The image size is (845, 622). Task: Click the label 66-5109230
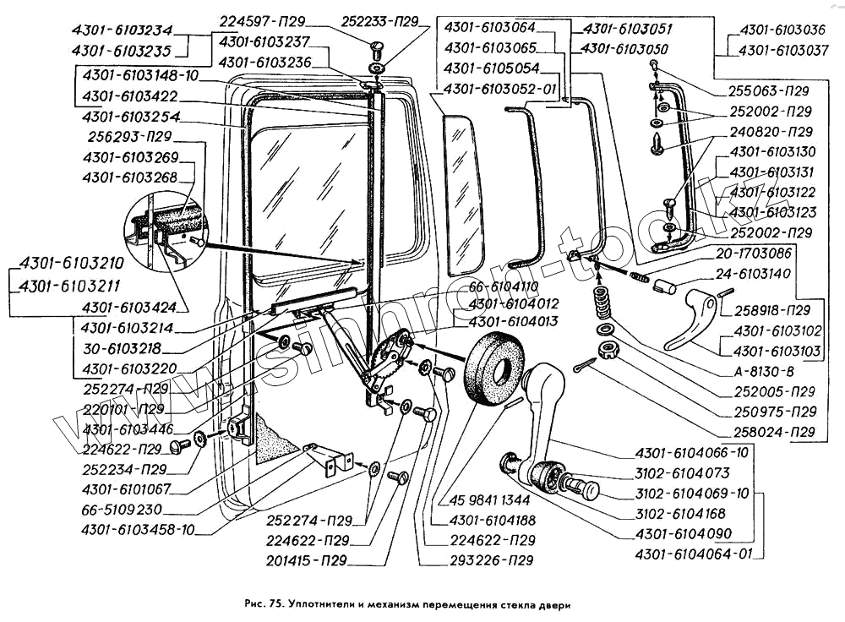tap(123, 510)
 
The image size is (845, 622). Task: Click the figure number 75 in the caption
tap(275, 605)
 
